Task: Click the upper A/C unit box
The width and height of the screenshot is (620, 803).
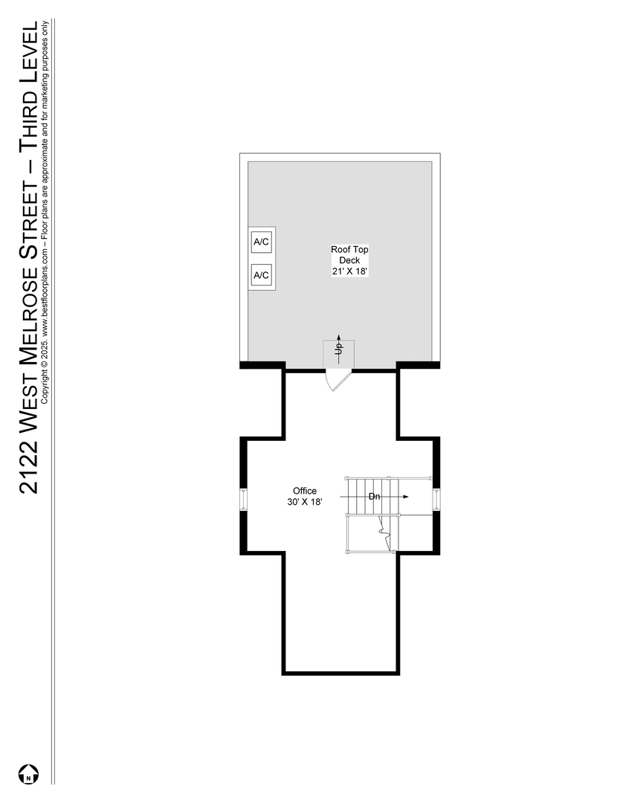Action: point(261,242)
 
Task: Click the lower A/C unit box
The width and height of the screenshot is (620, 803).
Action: point(261,275)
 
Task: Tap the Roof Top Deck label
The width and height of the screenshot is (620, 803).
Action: point(349,254)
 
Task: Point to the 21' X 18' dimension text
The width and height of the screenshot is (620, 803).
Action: point(349,271)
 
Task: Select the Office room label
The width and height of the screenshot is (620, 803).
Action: point(305,491)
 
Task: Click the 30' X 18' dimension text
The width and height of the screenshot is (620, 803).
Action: point(305,502)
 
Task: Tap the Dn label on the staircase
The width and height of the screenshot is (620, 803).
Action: point(374,496)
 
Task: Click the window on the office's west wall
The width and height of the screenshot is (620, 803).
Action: point(244,500)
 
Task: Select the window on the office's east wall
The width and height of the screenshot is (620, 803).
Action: point(436,500)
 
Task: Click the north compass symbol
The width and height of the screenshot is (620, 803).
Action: point(29,774)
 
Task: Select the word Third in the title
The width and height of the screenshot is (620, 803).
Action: point(29,115)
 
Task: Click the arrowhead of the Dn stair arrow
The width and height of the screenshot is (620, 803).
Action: point(405,496)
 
